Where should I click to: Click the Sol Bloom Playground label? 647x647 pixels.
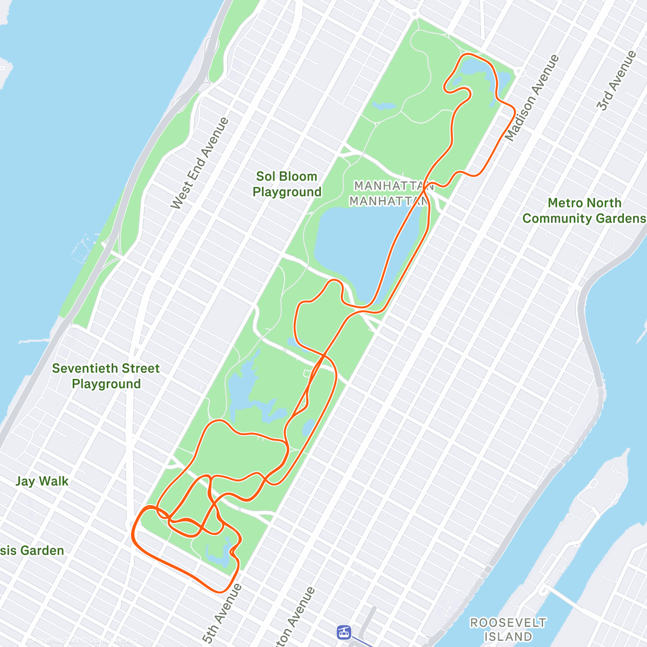coord(287,184)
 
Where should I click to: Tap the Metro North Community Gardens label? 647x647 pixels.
coord(584,211)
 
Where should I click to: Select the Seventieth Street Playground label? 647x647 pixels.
coord(106,376)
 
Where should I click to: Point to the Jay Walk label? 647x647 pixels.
coord(42,481)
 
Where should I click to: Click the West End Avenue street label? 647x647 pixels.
coord(199,163)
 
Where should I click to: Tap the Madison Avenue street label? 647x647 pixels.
coord(532,98)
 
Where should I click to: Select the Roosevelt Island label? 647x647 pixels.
coord(508,630)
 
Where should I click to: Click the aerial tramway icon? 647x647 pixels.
coord(343,632)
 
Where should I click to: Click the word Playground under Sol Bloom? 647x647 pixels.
coord(287,192)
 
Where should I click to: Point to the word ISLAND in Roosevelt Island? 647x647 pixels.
coord(508,637)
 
